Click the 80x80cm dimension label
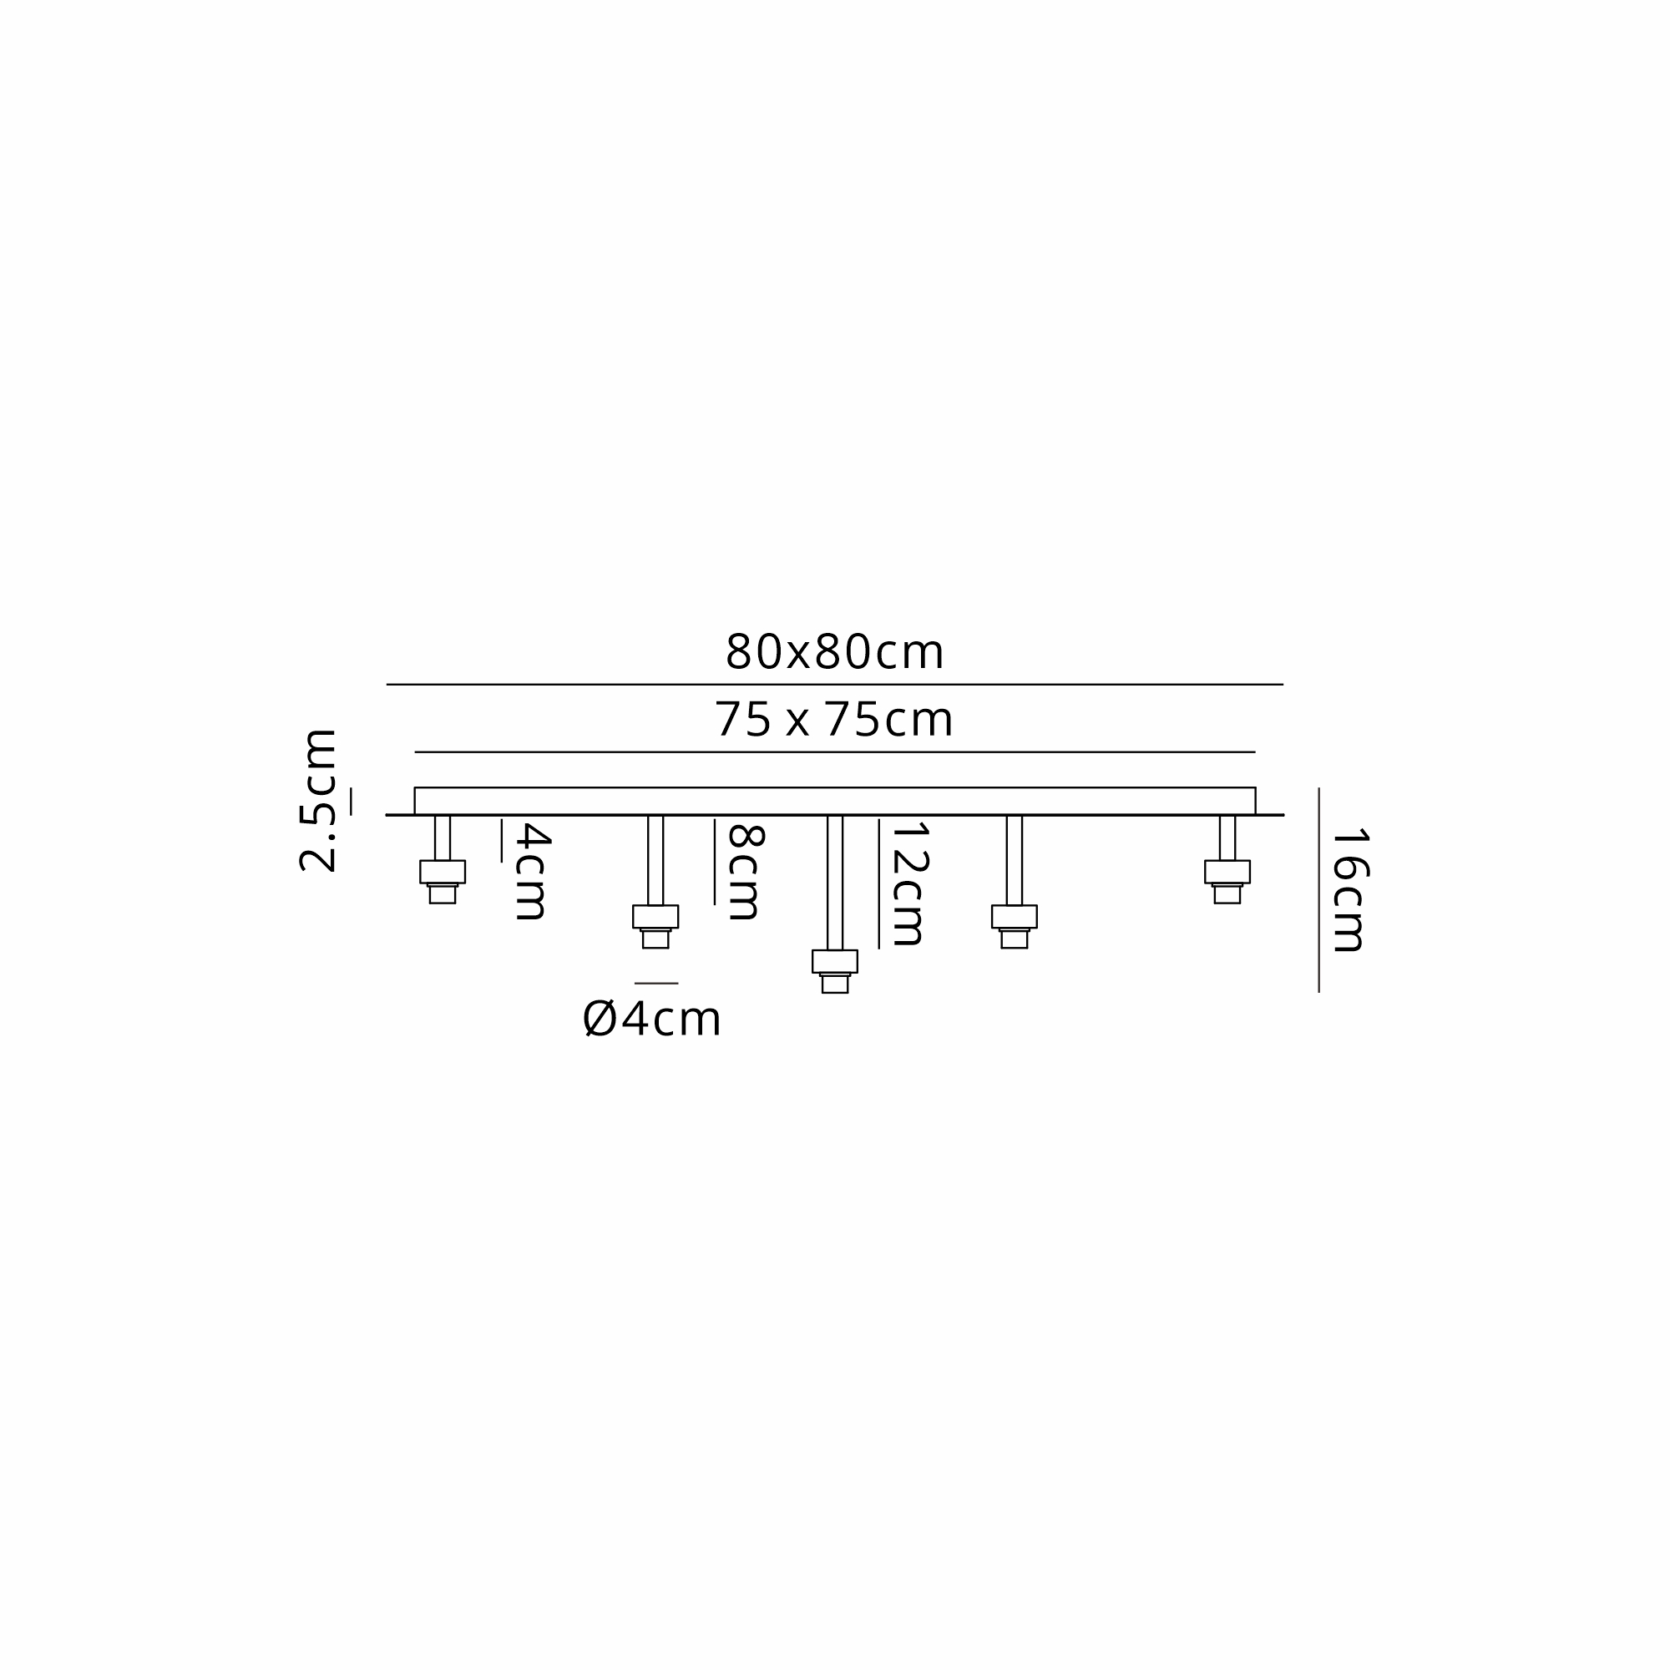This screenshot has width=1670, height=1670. pos(834,653)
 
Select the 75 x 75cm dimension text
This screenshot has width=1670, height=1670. pos(833,720)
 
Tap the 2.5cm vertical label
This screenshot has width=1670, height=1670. pos(317,801)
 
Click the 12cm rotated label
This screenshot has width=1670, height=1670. pos(909,884)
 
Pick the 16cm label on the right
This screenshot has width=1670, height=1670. pos(1349,891)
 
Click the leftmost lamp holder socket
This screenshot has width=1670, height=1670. pos(443,882)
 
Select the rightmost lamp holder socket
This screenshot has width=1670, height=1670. pos(1227,882)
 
